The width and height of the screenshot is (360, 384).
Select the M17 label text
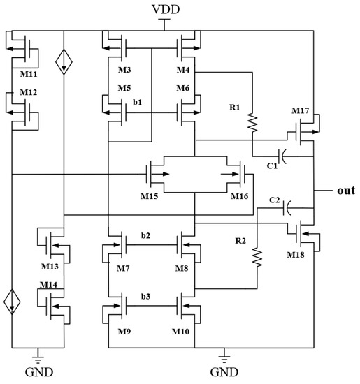(300, 111)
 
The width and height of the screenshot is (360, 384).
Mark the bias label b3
(145, 297)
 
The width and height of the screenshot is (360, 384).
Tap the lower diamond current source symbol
(13, 303)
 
